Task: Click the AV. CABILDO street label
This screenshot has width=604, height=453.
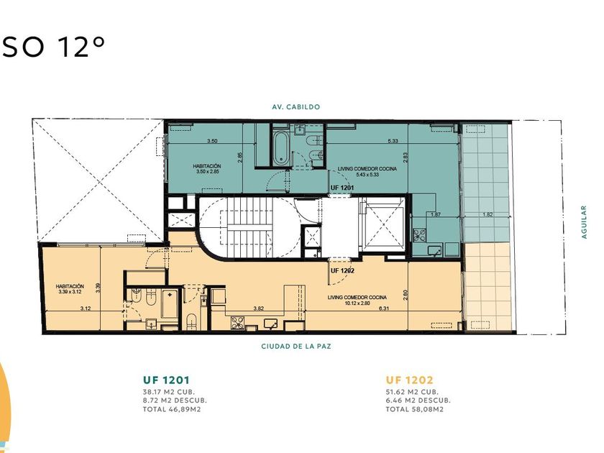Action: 296,106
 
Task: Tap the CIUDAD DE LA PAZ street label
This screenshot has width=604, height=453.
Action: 296,347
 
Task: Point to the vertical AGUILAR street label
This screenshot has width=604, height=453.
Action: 584,222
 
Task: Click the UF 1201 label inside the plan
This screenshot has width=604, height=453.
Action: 342,188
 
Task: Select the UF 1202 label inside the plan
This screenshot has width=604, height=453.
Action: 342,271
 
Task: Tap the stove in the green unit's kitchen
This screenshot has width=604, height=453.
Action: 419,234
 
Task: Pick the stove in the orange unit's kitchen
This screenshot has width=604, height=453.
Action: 237,322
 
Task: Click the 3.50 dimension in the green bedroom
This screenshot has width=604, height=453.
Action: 212,141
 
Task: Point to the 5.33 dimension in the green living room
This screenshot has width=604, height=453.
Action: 393,141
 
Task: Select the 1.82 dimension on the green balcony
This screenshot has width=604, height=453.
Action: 488,214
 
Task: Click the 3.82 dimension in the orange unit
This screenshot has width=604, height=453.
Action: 258,308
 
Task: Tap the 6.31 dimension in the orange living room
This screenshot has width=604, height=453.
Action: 384,308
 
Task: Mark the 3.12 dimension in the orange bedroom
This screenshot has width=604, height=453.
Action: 86,308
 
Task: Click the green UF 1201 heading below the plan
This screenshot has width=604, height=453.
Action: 166,380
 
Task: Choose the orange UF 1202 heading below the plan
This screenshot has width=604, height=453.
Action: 409,380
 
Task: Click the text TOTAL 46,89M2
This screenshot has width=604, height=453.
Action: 172,409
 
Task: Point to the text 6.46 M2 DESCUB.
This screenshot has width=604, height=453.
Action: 418,401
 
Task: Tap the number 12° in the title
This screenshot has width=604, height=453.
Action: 82,47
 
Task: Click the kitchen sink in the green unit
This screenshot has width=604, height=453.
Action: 435,250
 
